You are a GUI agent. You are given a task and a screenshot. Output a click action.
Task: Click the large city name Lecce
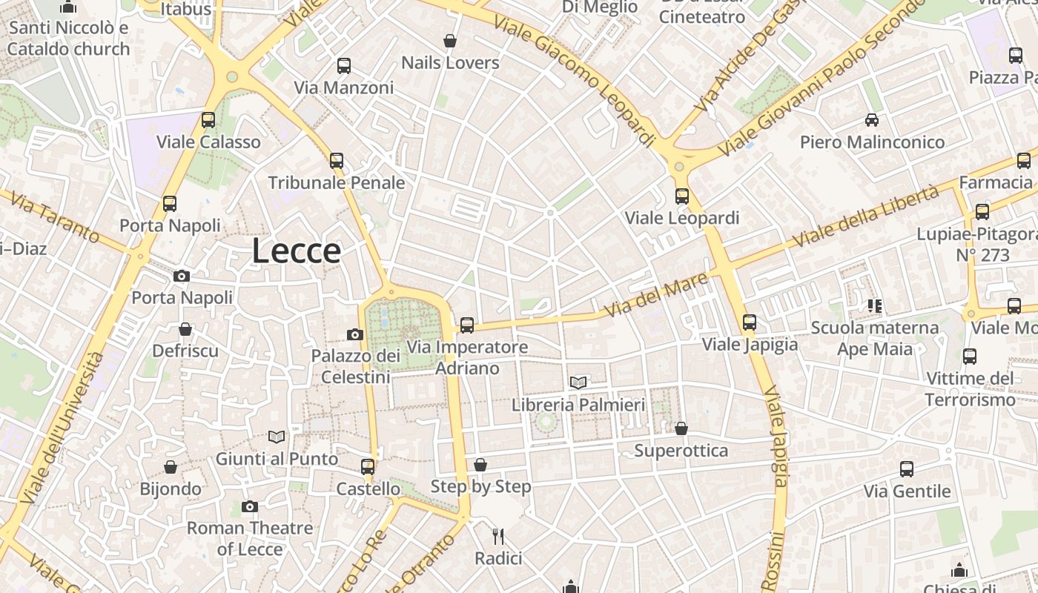(296, 251)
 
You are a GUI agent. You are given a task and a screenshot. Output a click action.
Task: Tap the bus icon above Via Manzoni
(343, 65)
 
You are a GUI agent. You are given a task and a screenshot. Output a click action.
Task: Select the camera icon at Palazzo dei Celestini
(355, 334)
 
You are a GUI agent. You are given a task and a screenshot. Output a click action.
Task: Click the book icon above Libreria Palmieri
(578, 382)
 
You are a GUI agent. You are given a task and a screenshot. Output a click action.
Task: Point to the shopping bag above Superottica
(681, 428)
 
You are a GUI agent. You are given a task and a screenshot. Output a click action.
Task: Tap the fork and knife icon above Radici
(498, 536)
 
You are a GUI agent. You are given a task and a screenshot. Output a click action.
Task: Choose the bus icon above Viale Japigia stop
(750, 322)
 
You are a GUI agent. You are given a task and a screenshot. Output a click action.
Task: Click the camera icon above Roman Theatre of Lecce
(250, 507)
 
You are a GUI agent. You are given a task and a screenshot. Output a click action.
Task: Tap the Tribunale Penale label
(337, 182)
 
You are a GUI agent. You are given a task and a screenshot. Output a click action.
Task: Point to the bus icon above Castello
(368, 466)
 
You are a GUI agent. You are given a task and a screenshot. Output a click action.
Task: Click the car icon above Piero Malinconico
(872, 119)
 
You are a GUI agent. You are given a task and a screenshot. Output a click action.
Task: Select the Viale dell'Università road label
(64, 428)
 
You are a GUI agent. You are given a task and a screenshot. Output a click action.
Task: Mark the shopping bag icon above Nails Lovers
(449, 40)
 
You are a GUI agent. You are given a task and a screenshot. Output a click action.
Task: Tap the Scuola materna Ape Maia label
(875, 338)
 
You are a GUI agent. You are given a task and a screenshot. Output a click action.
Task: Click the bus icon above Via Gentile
(906, 468)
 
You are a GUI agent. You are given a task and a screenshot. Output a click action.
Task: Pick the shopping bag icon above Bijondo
(171, 467)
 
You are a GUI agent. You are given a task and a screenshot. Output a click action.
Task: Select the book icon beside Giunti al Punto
(277, 437)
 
